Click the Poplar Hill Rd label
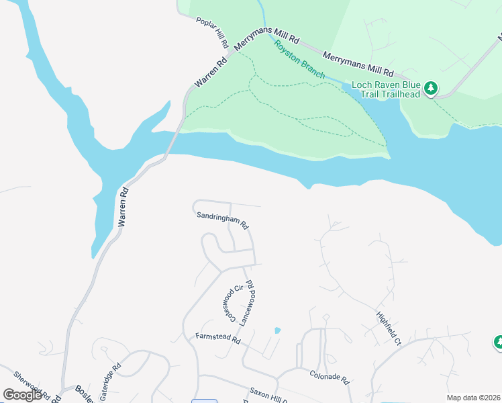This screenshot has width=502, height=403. tap(213, 32)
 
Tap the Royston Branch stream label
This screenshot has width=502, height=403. tap(299, 58)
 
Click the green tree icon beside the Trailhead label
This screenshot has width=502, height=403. tap(431, 89)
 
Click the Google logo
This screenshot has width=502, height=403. tap(22, 395)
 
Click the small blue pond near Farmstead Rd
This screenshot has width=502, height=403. tap(277, 330)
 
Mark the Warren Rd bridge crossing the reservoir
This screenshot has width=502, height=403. tap(171, 142)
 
